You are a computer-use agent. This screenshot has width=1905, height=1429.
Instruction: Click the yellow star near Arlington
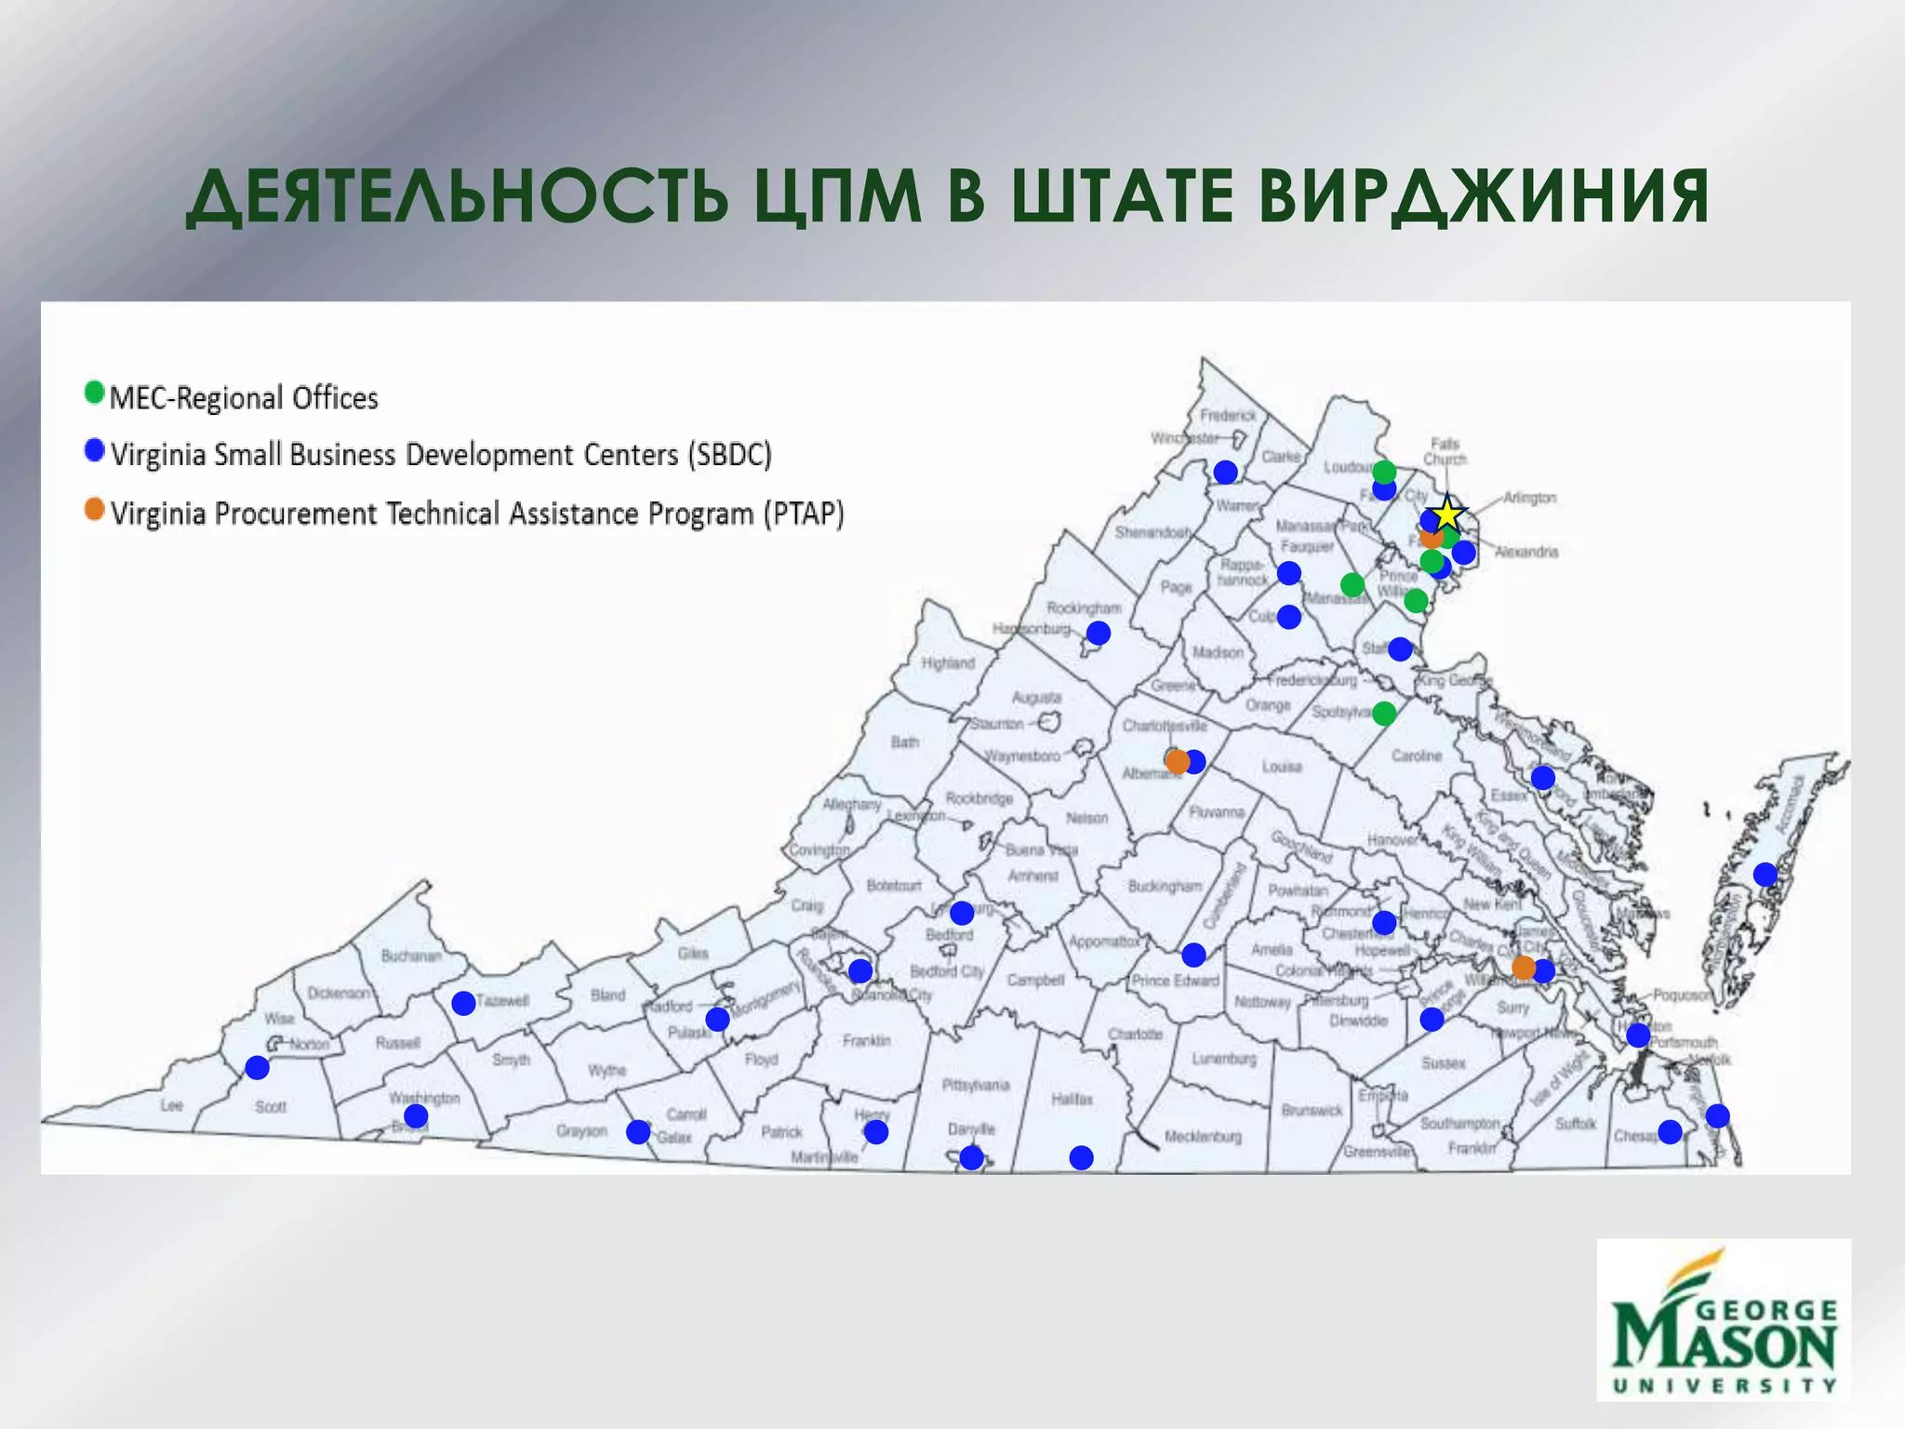tap(1447, 513)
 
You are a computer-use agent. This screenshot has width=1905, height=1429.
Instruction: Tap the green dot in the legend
tap(94, 393)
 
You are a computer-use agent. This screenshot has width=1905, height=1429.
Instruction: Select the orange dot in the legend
tap(94, 510)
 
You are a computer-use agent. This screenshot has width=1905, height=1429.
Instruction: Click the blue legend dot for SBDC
tap(94, 451)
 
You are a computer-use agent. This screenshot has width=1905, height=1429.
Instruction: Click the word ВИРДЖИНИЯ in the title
tap(1484, 197)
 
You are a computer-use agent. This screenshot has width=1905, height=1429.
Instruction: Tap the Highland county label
tap(948, 663)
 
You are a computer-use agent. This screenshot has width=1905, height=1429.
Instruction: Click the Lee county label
tap(171, 1105)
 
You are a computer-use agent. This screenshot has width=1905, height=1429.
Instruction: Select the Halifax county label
tap(1072, 1099)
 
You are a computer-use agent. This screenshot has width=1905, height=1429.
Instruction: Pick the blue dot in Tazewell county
tap(463, 1003)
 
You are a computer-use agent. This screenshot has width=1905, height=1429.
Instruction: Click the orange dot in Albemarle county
tap(1178, 762)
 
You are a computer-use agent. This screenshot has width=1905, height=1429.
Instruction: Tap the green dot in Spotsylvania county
tap(1384, 714)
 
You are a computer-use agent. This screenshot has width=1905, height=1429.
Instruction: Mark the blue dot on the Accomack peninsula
tap(1765, 874)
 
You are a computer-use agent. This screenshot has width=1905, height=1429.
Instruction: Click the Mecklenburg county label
tap(1203, 1137)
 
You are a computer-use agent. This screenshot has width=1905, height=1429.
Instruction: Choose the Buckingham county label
tap(1165, 886)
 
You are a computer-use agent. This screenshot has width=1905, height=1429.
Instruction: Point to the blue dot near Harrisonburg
tap(1099, 634)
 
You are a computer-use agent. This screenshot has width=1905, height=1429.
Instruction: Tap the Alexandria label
tap(1526, 552)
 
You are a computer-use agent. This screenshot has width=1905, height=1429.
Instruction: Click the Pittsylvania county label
tap(975, 1085)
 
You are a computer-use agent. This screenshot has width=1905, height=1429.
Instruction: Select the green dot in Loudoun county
tap(1384, 472)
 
